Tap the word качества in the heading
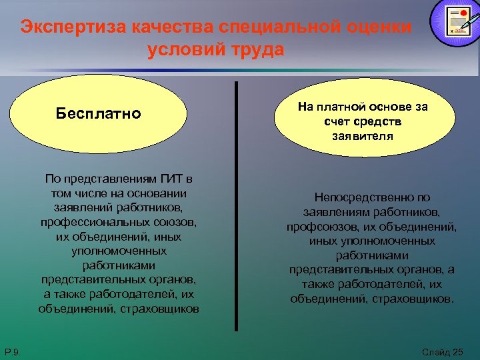pos(174,27)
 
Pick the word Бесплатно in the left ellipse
pos(99,113)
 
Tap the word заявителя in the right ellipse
pos(363,136)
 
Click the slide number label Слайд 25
pos(442,351)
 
